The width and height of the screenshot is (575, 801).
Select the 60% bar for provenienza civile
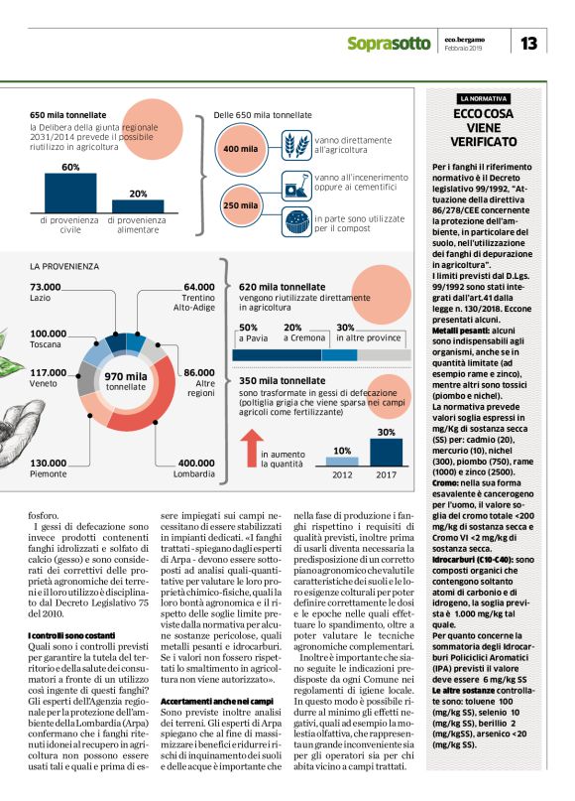point(70,193)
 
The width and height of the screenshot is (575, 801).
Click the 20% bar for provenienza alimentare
point(138,205)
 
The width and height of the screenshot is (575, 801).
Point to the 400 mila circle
point(241,149)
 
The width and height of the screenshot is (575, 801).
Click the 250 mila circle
point(241,206)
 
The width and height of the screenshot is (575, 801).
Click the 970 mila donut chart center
point(127,381)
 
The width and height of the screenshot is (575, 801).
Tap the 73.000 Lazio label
point(47,292)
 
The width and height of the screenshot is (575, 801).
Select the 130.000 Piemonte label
point(50,467)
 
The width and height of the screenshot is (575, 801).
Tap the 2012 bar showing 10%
point(342,461)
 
